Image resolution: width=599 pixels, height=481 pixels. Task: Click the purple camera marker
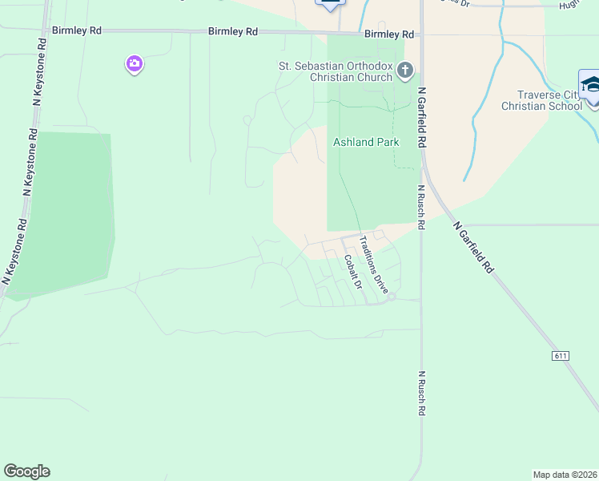coord(135,64)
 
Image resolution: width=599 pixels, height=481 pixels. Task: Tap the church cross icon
coord(405,71)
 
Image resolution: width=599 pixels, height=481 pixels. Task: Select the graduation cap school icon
coord(591,84)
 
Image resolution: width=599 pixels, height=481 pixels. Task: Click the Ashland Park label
coord(365,142)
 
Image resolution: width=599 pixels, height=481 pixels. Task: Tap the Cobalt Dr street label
coord(353,272)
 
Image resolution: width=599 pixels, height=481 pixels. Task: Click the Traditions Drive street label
coord(373,264)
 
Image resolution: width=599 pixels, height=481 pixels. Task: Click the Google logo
coord(26,471)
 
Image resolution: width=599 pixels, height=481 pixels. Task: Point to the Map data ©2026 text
coord(565,475)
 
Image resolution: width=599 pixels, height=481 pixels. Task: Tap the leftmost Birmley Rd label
coord(77,30)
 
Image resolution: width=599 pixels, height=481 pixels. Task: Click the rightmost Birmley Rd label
coord(388,34)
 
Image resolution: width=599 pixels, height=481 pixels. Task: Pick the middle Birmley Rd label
coord(233,31)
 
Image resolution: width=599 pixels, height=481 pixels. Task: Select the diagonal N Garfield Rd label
coord(473,249)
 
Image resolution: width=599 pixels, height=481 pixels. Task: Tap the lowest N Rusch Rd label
coord(420,393)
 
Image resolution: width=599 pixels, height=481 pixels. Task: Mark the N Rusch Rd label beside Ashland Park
coord(420,208)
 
